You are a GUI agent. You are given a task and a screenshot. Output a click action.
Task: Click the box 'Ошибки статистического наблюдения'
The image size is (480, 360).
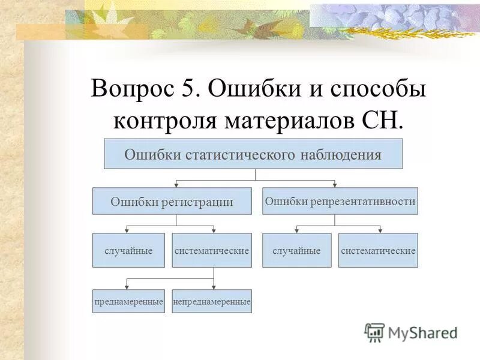click(253, 154)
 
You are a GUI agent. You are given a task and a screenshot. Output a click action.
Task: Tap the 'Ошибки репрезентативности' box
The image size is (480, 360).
click(340, 202)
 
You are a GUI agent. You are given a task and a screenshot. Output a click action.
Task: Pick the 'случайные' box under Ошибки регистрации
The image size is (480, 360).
click(128, 250)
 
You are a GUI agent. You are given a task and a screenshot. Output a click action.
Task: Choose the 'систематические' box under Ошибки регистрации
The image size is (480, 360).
click(212, 250)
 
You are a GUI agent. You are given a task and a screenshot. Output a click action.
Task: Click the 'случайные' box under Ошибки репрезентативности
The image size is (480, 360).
click(296, 250)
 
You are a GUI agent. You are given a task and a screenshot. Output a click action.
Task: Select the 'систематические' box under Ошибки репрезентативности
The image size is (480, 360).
click(378, 250)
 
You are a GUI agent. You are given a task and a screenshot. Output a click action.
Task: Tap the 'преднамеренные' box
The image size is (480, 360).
click(128, 302)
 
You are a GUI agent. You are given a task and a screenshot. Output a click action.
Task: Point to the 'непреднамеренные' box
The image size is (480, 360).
click(212, 302)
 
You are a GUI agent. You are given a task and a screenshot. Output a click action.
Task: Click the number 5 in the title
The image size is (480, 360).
click(185, 91)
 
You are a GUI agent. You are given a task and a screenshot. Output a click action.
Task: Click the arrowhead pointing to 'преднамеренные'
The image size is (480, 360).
click(126, 287)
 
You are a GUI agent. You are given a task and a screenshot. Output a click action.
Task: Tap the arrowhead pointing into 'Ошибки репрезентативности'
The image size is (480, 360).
click(335, 185)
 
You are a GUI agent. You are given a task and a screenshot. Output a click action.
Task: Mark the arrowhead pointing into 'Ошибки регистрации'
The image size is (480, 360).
click(175, 185)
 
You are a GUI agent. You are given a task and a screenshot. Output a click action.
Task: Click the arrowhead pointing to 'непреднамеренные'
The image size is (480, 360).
click(214, 287)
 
